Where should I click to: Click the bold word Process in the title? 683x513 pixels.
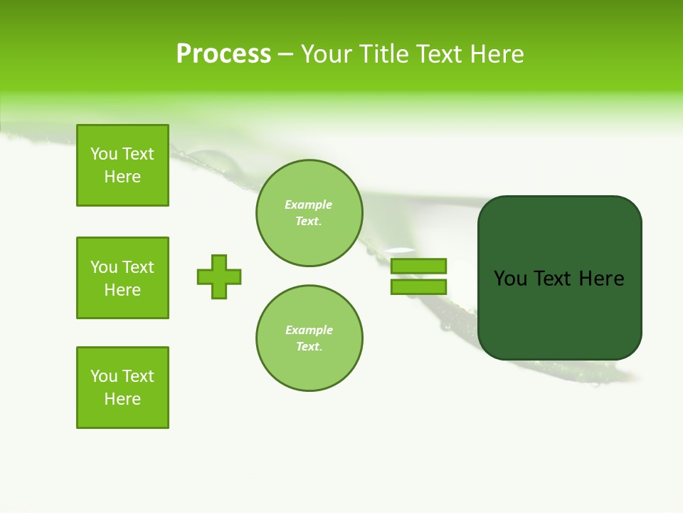223,54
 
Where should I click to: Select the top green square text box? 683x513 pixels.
122,165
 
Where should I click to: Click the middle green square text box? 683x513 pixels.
122,278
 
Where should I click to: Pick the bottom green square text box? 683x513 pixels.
122,388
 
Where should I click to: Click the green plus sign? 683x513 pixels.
219,276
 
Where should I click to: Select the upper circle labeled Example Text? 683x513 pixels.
309,213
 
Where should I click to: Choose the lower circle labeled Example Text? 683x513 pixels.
309,338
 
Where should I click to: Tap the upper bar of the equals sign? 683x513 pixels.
418,266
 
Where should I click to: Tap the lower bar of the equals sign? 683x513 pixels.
418,286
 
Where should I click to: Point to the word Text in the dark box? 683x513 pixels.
554,279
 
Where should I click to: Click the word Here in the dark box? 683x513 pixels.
601,279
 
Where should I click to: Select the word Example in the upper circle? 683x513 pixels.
309,205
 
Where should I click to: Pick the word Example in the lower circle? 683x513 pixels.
309,331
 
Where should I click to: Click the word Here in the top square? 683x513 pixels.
122,177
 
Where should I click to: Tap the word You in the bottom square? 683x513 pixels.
104,376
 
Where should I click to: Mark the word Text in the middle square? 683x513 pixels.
138,267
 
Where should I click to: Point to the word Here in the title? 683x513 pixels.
496,54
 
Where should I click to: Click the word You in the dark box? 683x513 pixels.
510,279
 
